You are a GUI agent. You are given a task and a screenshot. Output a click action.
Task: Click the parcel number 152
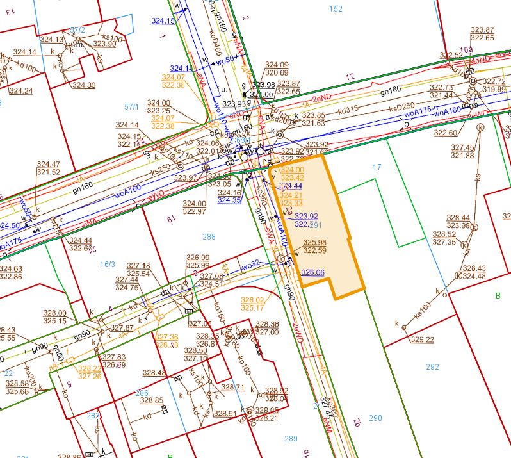335,8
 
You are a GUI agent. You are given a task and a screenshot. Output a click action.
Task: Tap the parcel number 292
433,367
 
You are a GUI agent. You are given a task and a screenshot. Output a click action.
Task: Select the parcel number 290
375,418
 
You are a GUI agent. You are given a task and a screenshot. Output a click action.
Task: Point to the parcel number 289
291,439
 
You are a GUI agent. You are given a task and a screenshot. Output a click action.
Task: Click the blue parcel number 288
209,237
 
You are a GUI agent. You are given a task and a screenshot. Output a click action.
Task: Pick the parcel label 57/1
133,106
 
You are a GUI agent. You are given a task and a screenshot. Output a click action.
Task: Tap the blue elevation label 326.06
312,272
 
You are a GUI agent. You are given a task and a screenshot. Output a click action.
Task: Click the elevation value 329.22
423,339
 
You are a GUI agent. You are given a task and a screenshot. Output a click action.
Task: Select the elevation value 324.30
83,85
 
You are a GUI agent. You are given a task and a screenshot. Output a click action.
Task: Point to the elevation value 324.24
20,91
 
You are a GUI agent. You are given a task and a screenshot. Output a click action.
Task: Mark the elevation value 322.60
445,133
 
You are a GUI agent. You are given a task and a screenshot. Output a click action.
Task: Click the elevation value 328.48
154,373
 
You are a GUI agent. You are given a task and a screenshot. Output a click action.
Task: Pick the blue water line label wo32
250,264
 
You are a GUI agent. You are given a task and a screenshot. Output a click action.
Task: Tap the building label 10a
466,49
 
